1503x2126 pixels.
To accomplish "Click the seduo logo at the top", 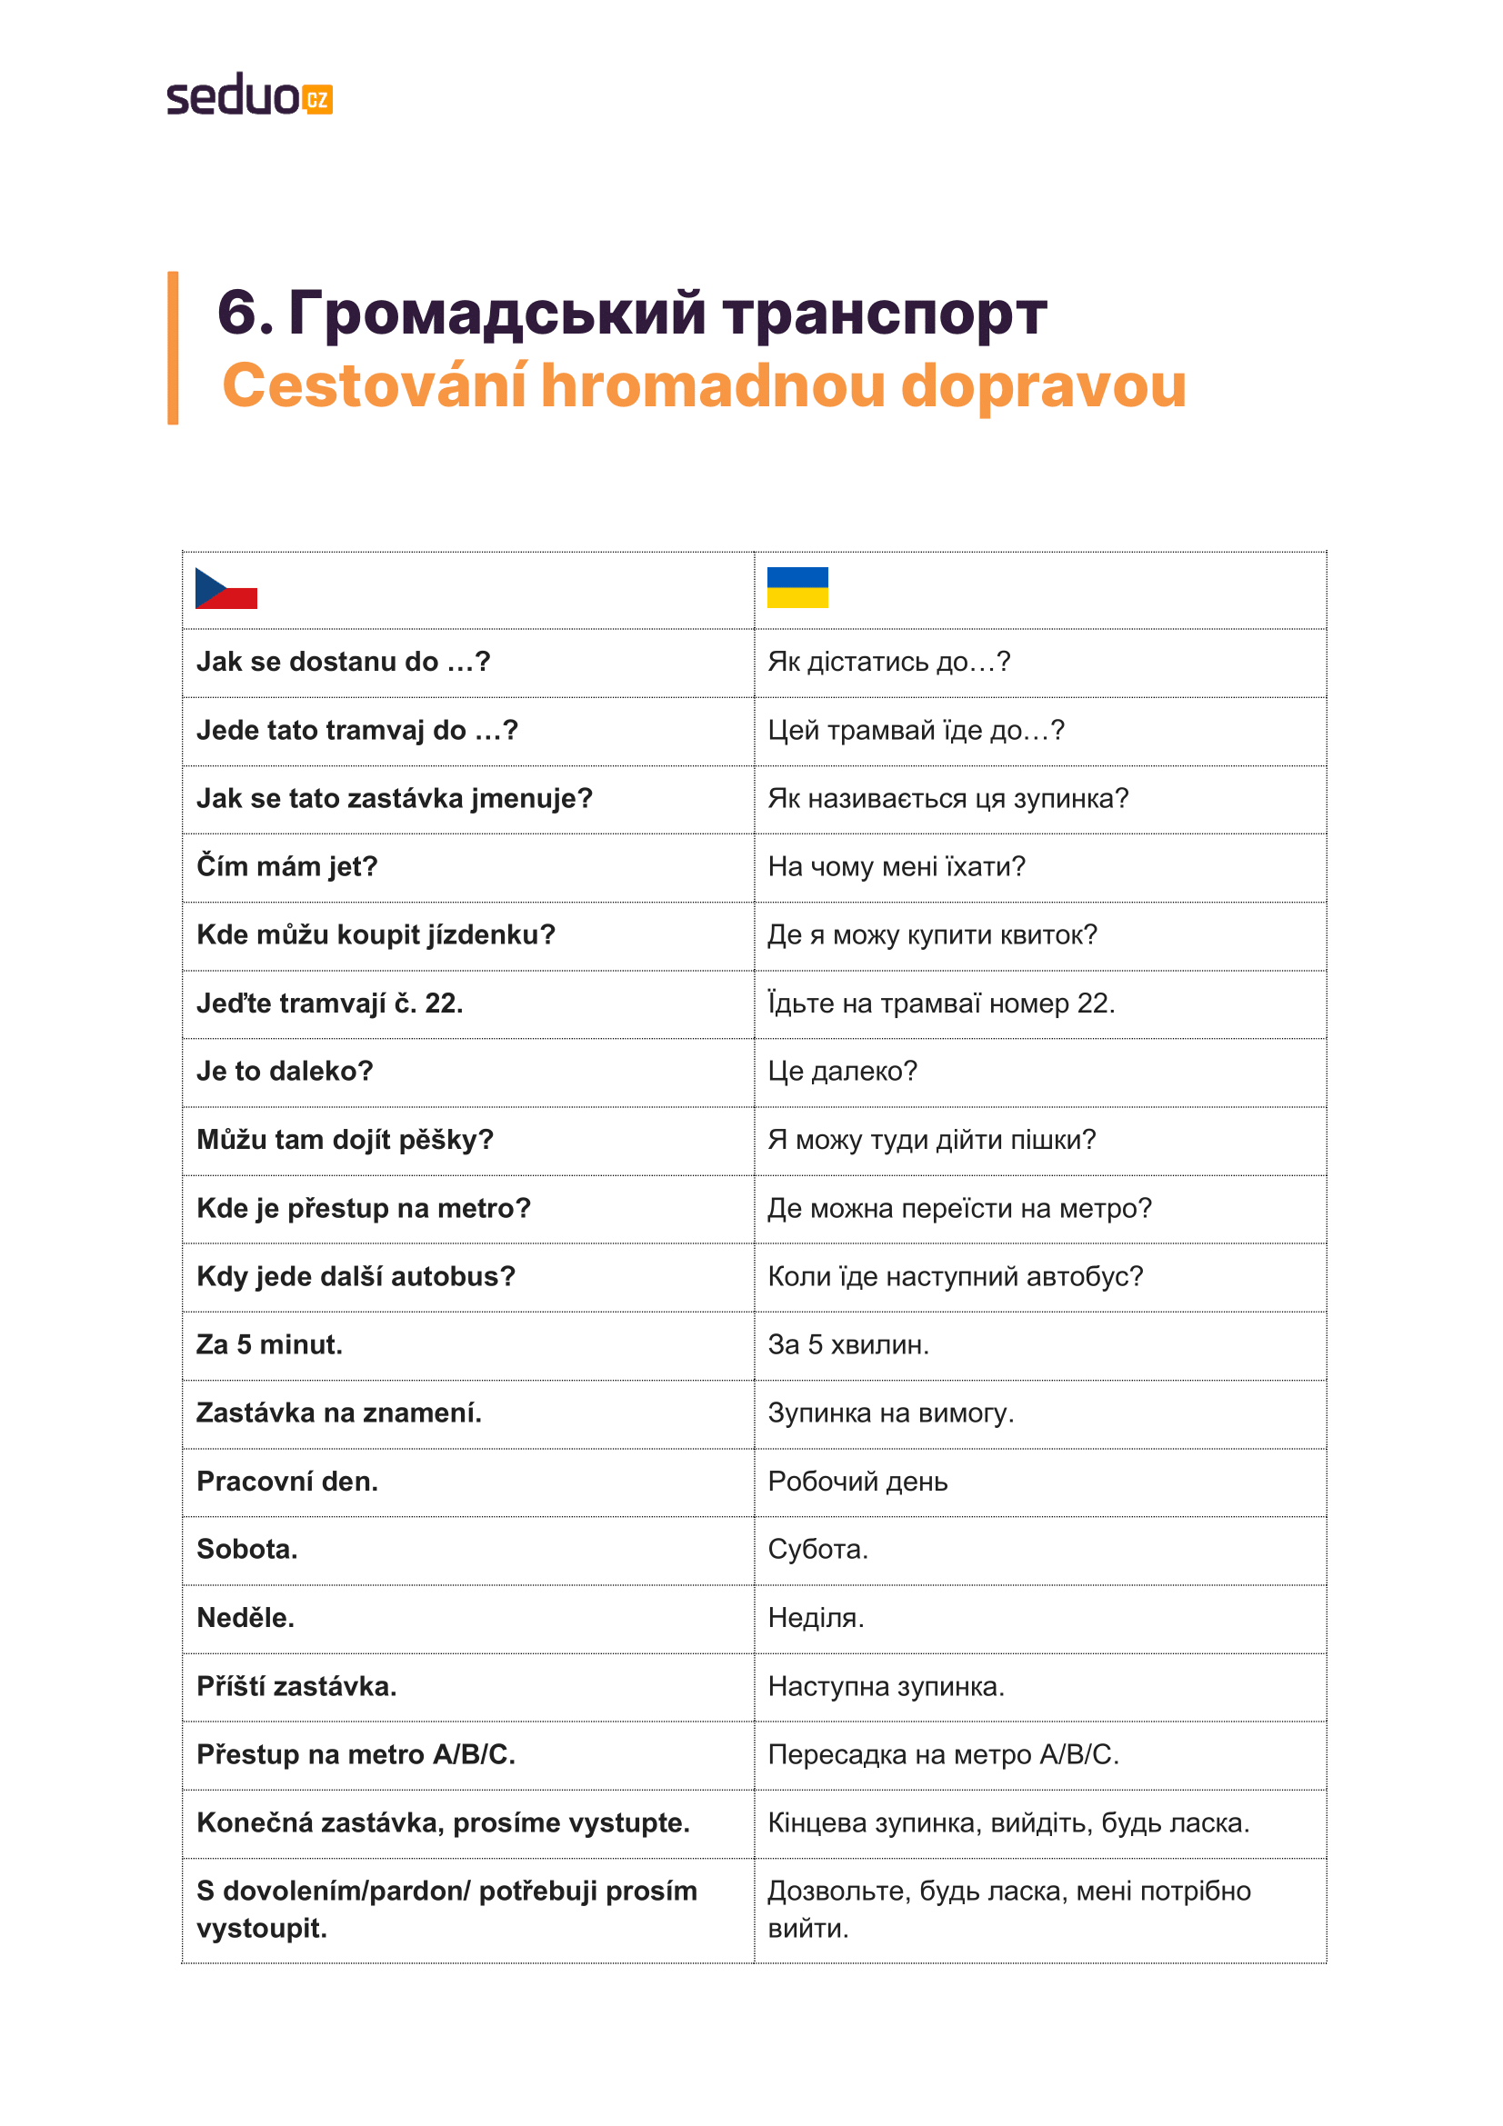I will (x=248, y=95).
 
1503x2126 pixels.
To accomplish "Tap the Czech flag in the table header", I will (x=226, y=588).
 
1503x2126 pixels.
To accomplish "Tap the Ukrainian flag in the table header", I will (x=797, y=587).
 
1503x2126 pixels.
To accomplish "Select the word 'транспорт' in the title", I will (x=885, y=313).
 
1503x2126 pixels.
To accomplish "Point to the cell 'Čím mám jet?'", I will (x=287, y=867).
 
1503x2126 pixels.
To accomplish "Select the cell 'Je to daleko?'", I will (x=285, y=1072).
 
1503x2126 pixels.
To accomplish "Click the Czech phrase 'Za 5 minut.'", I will (x=269, y=1344).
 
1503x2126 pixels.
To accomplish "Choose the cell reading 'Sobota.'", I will (x=247, y=1549).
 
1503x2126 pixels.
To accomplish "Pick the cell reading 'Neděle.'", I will (x=245, y=1618).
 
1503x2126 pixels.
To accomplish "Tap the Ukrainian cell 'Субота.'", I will (x=817, y=1549).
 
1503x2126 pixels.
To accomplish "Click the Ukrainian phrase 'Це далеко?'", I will (x=842, y=1072).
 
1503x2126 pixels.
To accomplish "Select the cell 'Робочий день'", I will (x=857, y=1482).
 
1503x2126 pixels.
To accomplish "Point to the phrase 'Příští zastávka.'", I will (x=296, y=1686).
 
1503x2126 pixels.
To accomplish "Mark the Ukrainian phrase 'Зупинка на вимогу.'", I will (x=891, y=1413).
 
